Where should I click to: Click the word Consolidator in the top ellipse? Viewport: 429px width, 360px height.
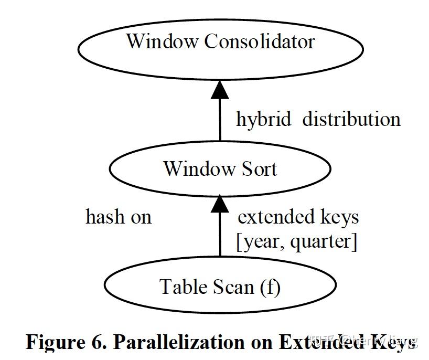[x=260, y=41]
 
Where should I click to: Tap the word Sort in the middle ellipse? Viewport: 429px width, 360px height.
[x=256, y=169]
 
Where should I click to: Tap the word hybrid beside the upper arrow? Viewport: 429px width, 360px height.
[x=263, y=120]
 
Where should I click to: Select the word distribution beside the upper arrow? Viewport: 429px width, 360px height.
[x=351, y=120]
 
